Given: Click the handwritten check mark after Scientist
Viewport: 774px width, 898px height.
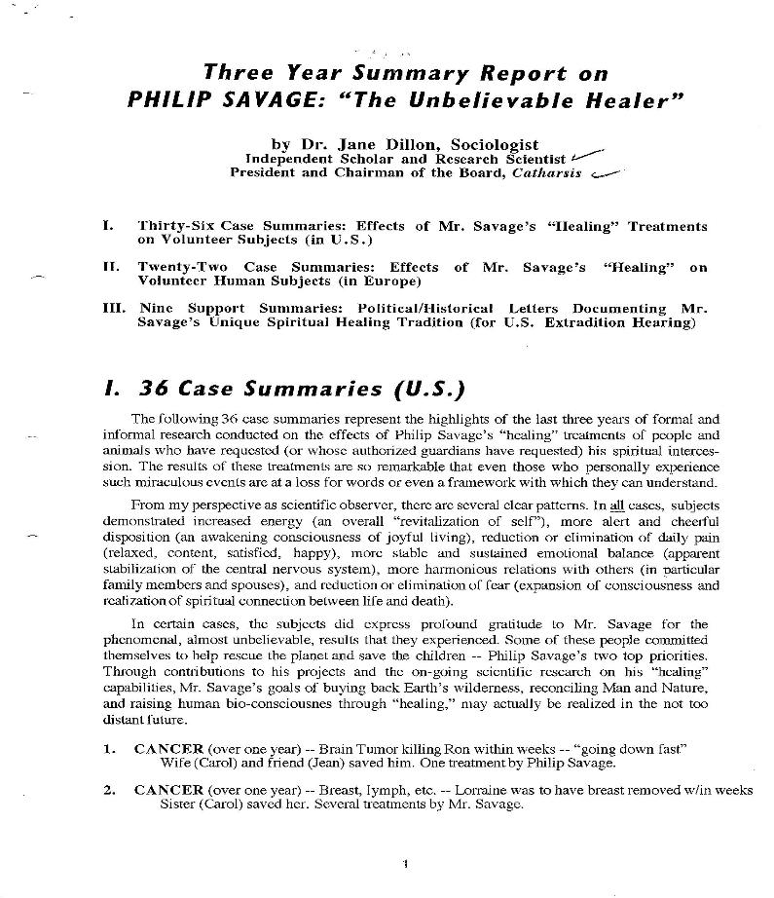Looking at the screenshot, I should tap(588, 154).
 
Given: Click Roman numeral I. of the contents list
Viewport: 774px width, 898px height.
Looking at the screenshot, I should tap(107, 226).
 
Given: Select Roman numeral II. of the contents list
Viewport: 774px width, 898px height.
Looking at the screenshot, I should tap(110, 266).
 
